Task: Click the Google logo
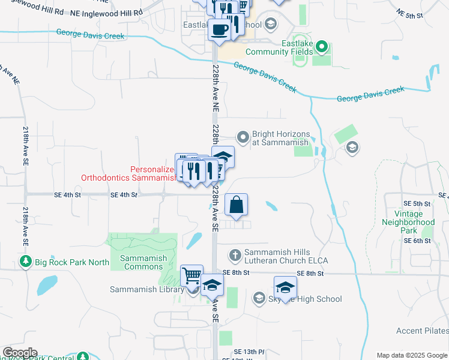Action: point(20,353)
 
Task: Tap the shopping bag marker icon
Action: point(237,205)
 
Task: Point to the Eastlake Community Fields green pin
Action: point(321,46)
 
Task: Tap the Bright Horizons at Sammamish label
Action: point(280,138)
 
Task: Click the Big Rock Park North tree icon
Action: point(25,262)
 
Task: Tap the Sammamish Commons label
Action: point(143,262)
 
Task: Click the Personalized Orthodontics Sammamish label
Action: point(128,174)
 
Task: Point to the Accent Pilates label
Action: point(423,331)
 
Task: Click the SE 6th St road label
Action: point(418,241)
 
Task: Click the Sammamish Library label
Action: point(146,290)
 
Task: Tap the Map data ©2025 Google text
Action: point(411,355)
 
